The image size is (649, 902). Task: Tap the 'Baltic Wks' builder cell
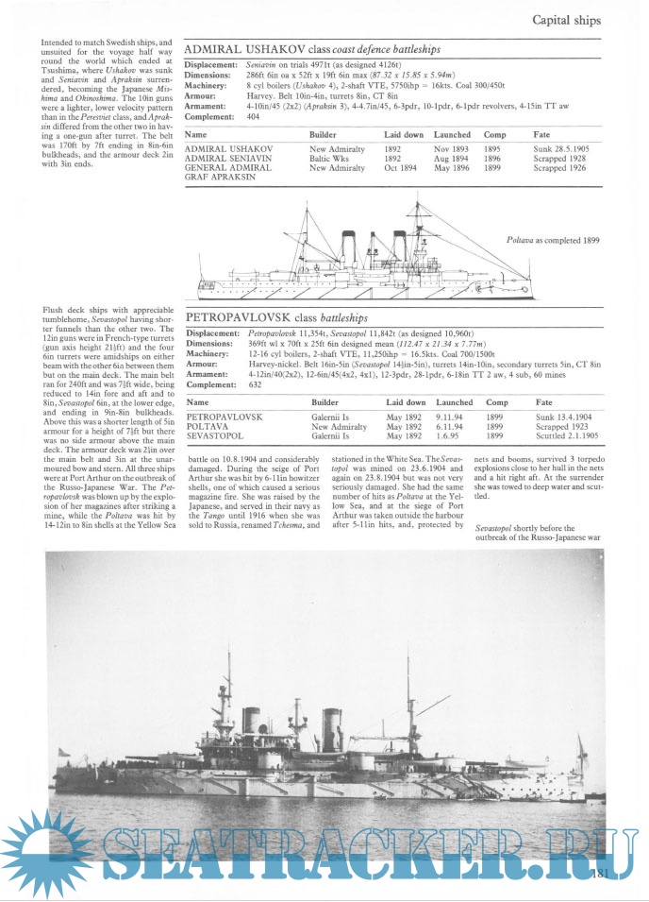coord(330,159)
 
